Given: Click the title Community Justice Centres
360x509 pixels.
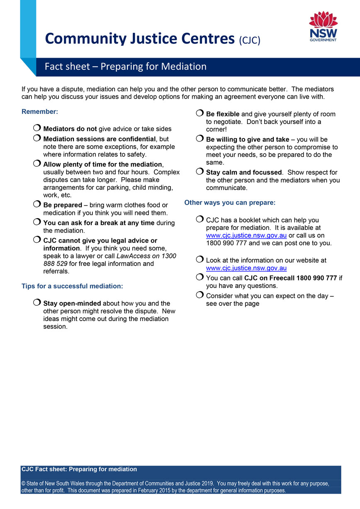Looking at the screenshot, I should (x=140, y=39).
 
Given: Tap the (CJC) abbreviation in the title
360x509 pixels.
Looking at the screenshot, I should (x=249, y=40).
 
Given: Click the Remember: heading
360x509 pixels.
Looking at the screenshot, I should (x=40, y=112).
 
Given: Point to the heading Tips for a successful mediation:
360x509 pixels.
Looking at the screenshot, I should (x=72, y=286).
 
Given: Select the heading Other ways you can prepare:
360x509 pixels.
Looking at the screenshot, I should (x=230, y=203).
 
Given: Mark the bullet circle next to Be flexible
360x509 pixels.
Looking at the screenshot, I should (x=200, y=114).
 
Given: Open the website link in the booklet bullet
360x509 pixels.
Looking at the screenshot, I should (x=246, y=236).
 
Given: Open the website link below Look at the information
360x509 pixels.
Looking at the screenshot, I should (x=246, y=268).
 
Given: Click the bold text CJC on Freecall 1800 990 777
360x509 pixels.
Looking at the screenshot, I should (x=290, y=278).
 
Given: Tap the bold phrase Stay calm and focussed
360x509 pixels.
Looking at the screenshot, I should (x=244, y=172).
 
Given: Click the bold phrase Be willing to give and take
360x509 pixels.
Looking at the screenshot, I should (x=248, y=139).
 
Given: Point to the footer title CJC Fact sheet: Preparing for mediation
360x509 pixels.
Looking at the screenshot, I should (x=79, y=469).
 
